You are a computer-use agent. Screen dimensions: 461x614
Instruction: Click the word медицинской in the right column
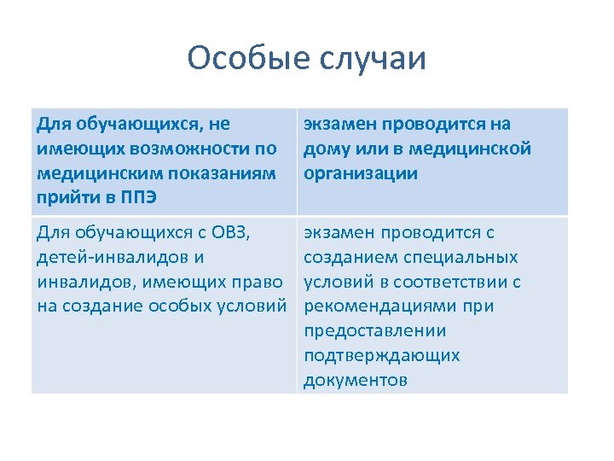[473, 149]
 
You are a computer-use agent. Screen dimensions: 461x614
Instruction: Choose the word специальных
[464, 257]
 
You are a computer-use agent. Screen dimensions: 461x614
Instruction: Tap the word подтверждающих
[381, 355]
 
